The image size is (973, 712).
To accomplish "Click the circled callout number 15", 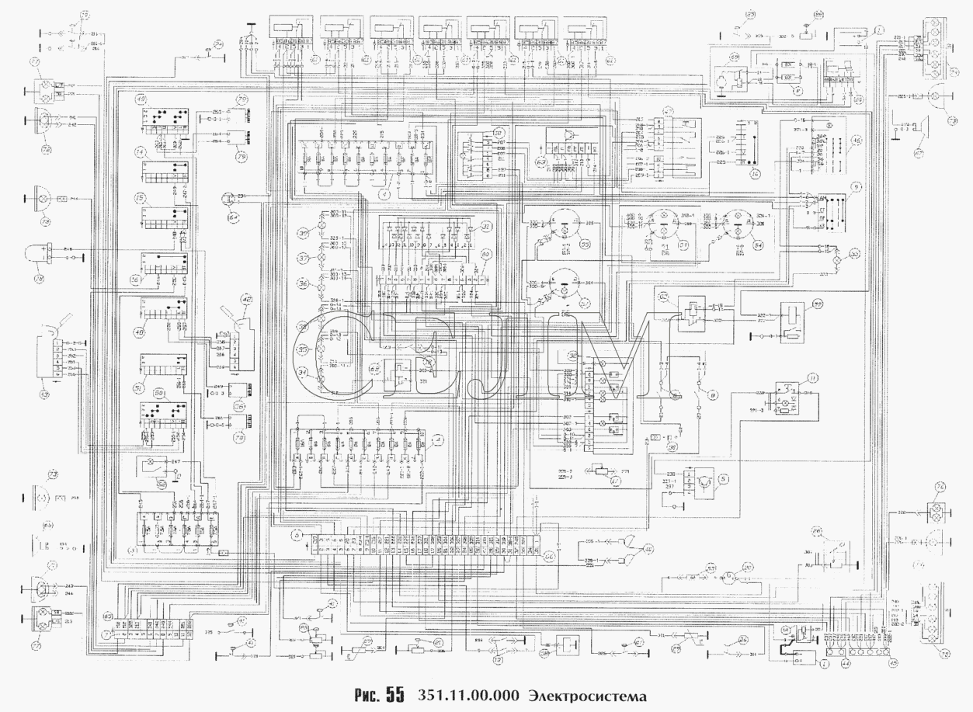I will [142, 198].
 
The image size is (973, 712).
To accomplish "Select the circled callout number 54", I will [757, 245].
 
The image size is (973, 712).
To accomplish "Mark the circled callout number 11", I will [813, 378].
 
